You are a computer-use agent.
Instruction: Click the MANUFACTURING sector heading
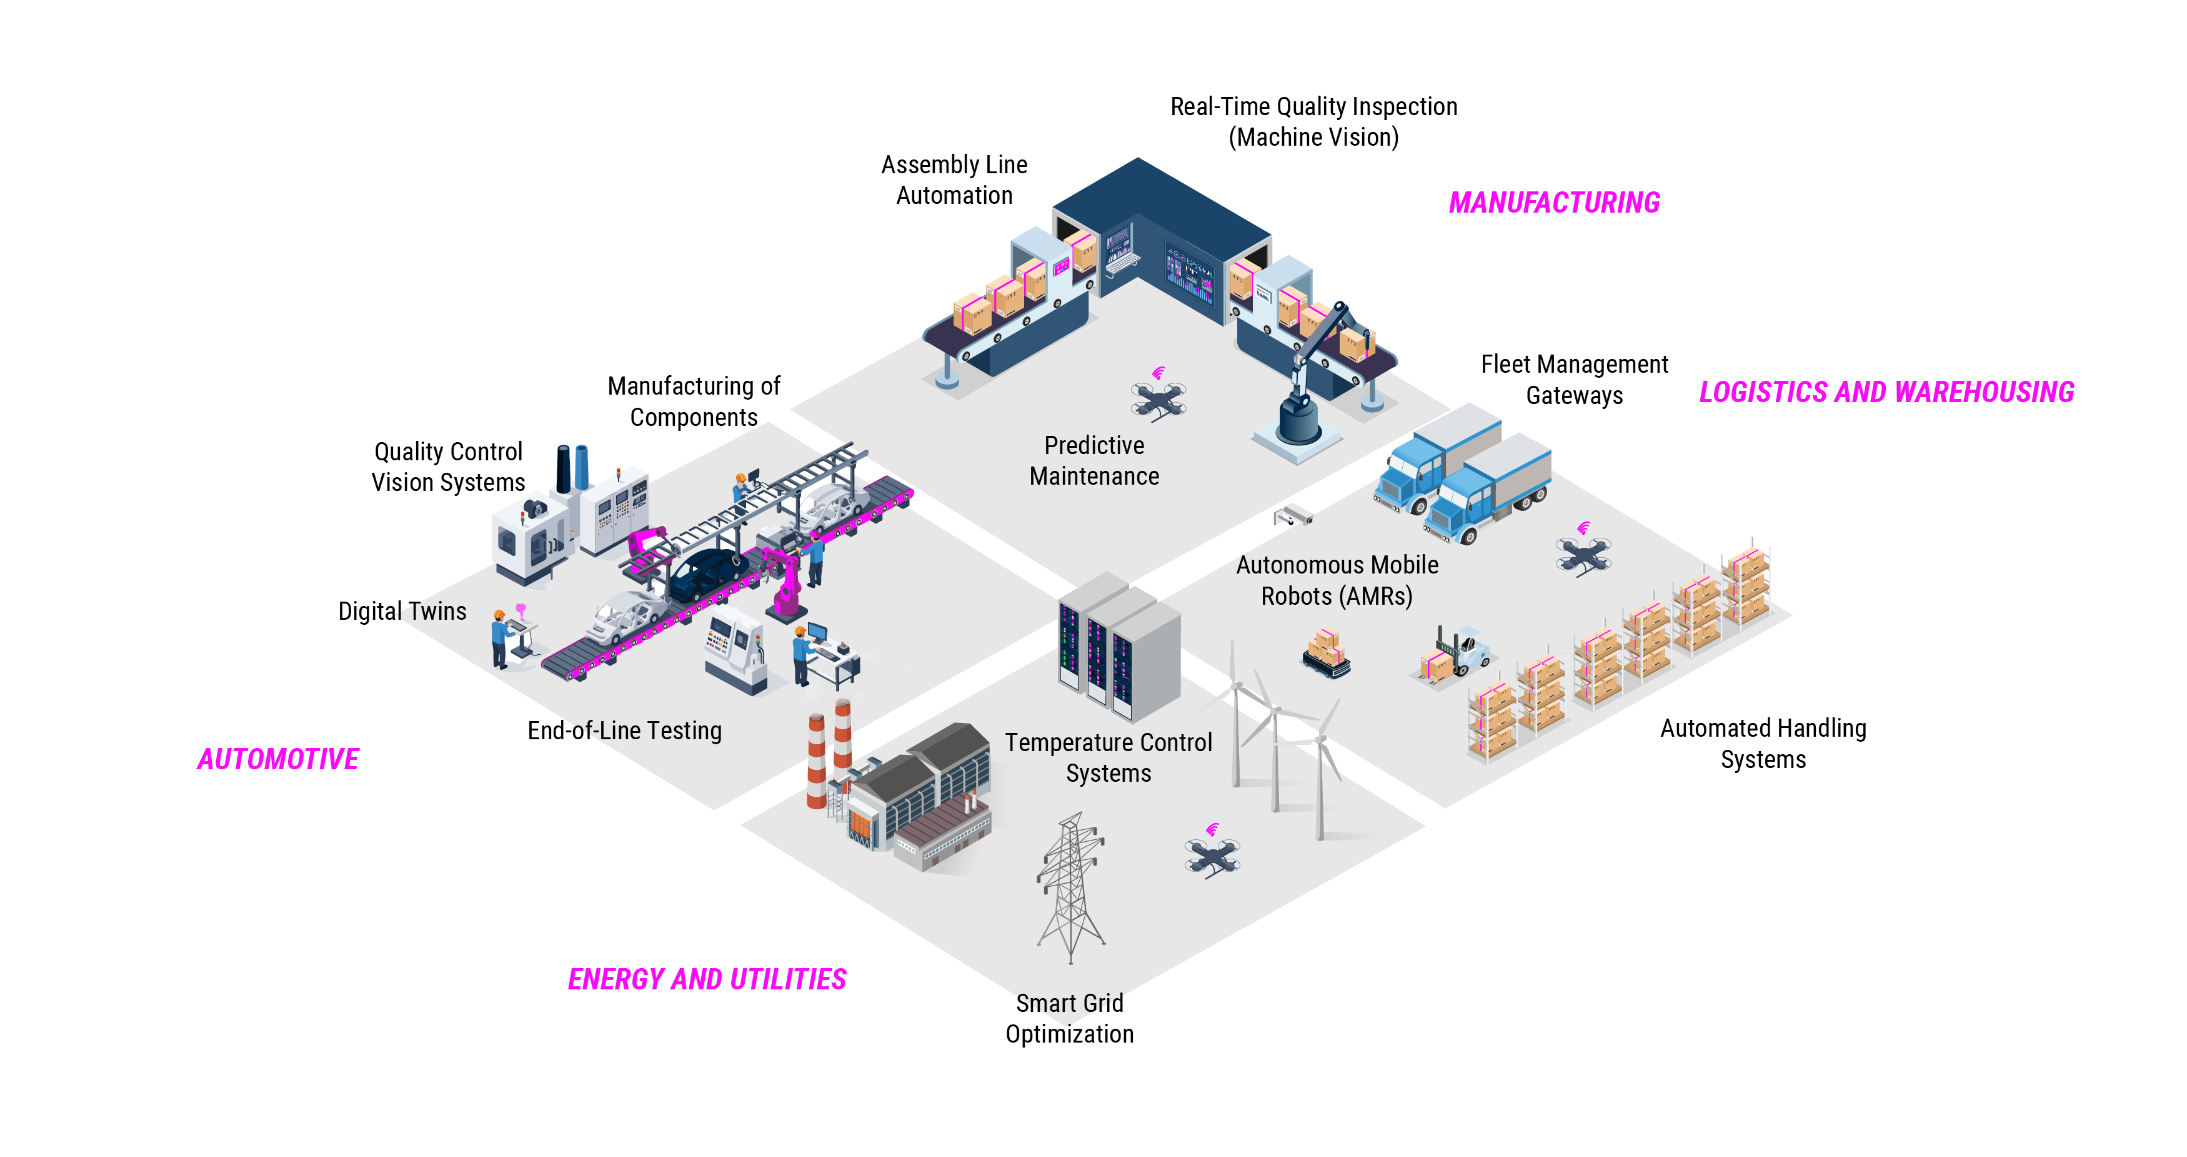click(x=1553, y=203)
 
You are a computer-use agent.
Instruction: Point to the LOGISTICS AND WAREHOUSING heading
click(x=1886, y=393)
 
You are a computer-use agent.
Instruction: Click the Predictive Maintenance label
click(x=1093, y=460)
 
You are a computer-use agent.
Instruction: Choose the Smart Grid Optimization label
click(x=1069, y=1019)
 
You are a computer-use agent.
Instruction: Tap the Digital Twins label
click(x=402, y=612)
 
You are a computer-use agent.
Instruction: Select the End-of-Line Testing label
click(x=624, y=730)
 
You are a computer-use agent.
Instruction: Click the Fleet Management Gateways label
click(x=1574, y=380)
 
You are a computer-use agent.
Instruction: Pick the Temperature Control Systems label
click(x=1108, y=758)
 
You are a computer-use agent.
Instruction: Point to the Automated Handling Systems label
click(x=1763, y=744)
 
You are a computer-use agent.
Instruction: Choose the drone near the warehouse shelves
click(x=1583, y=555)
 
